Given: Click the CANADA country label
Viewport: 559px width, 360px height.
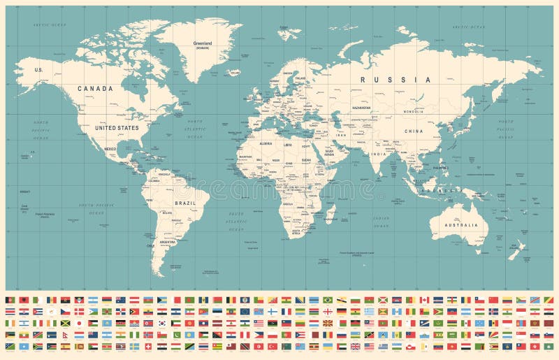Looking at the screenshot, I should [x=95, y=89].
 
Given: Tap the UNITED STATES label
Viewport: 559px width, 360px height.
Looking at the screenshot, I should [x=117, y=128].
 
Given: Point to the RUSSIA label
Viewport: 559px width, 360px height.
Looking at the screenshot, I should [x=395, y=80].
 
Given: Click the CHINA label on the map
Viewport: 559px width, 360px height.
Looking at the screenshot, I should [x=414, y=131].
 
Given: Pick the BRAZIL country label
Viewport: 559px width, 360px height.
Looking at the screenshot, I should [x=185, y=203].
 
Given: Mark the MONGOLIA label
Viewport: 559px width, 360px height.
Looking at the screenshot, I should [x=415, y=112].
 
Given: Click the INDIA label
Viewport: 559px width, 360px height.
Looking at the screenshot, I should [x=378, y=154].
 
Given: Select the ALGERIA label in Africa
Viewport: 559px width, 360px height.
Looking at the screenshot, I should [x=265, y=143].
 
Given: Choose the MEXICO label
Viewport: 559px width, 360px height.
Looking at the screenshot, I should [x=110, y=149].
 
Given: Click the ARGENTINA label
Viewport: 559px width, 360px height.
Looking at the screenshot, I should [x=168, y=242].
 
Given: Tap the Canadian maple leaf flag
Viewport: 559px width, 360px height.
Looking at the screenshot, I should [x=423, y=300].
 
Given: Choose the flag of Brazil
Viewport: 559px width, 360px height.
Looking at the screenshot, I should [x=327, y=300].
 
